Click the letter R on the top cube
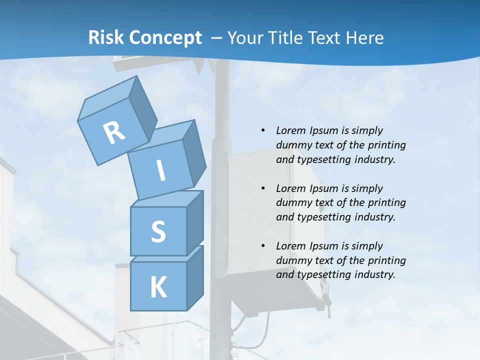(x=114, y=133)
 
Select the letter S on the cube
(x=158, y=231)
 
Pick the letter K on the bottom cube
(x=158, y=287)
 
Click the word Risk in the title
(x=105, y=38)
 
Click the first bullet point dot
(x=263, y=130)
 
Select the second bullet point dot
(x=263, y=188)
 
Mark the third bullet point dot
(x=263, y=246)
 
